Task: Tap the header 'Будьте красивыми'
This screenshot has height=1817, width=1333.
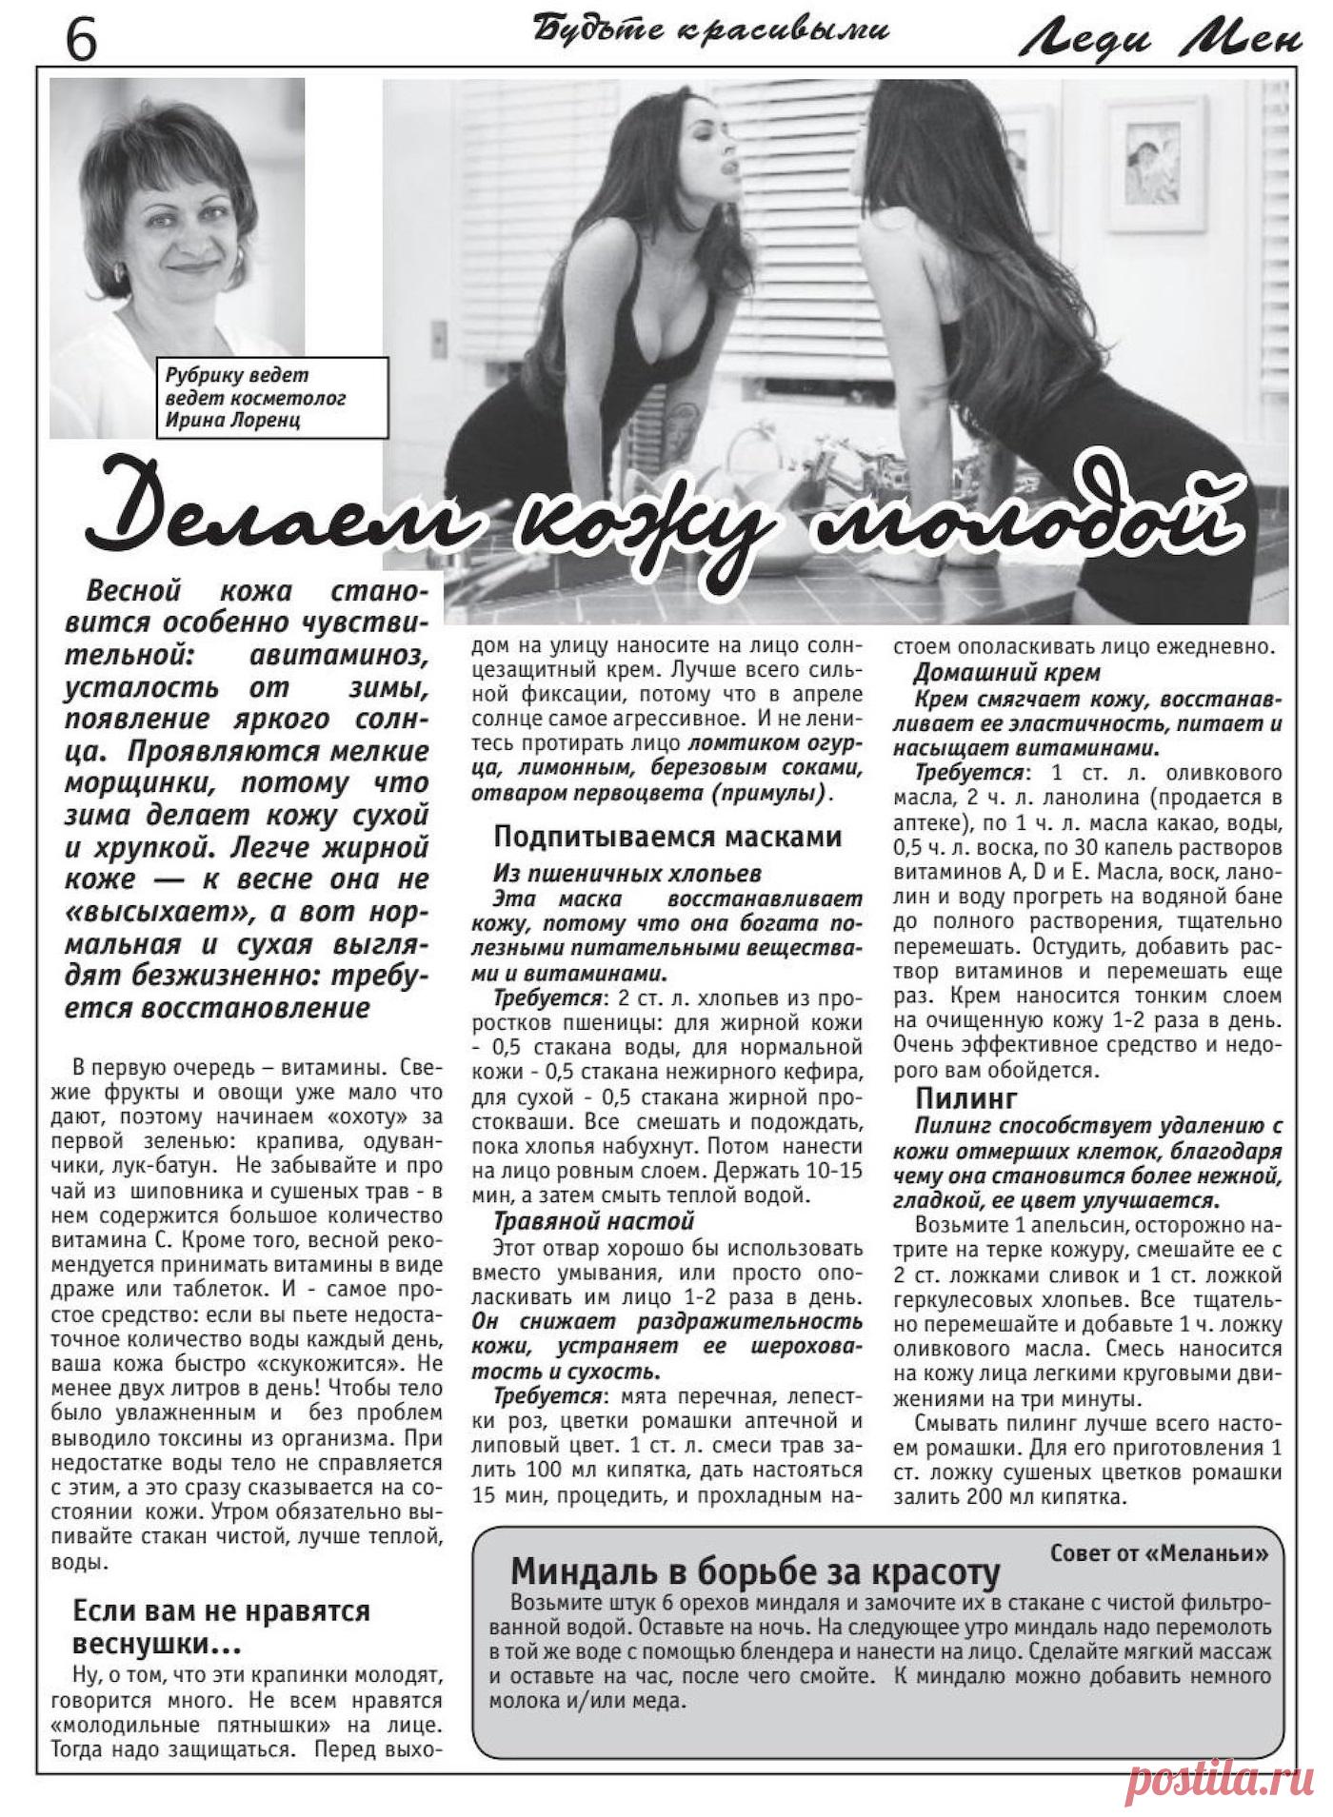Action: point(711,31)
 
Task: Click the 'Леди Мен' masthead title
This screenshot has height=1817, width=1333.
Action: point(1160,39)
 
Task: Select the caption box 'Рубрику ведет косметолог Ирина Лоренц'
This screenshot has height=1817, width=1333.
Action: point(272,398)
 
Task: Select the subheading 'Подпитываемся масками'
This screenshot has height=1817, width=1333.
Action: point(667,837)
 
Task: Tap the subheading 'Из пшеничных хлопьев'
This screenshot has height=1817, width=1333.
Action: point(627,873)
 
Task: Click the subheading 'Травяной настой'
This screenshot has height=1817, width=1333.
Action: point(593,1220)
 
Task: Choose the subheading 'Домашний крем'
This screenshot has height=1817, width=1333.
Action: point(1006,673)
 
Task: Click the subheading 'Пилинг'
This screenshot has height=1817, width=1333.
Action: point(966,1099)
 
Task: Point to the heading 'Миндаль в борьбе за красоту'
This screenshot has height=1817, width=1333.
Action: point(755,1570)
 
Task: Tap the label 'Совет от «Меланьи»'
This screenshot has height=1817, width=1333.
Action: point(1159,1553)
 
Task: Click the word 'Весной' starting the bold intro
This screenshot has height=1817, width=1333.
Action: point(133,591)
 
